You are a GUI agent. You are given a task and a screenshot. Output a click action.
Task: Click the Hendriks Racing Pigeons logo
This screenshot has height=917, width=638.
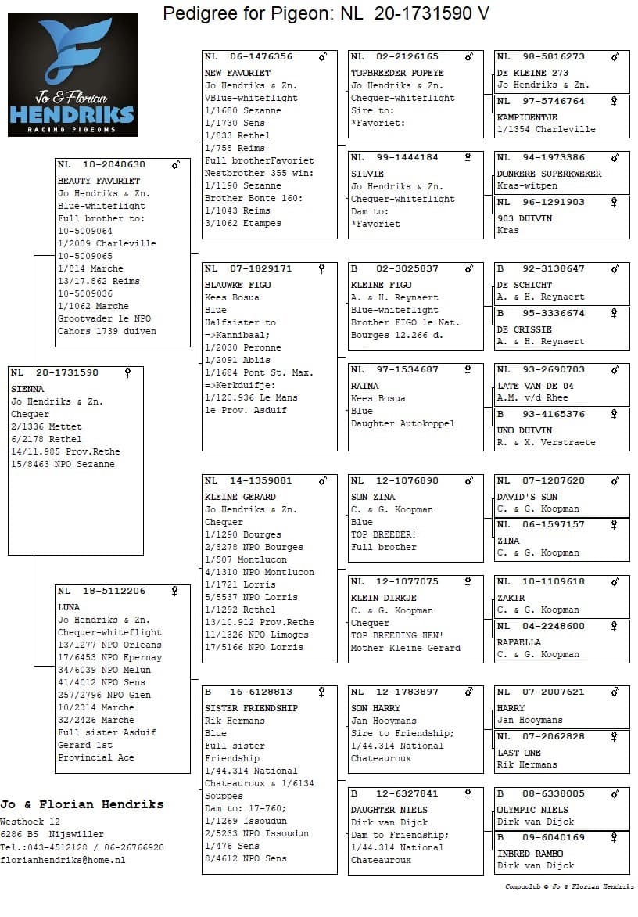[x=72, y=74]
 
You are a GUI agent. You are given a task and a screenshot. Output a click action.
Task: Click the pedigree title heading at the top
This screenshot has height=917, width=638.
[x=326, y=13]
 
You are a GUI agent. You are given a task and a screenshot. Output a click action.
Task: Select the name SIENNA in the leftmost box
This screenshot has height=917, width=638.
[x=27, y=389]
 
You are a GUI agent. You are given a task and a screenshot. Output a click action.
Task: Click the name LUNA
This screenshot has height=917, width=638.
[x=69, y=607]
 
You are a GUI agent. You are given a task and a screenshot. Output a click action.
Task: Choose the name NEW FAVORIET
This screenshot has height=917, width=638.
[x=237, y=73]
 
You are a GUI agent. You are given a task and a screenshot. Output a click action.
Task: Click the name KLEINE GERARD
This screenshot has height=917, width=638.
[x=240, y=497]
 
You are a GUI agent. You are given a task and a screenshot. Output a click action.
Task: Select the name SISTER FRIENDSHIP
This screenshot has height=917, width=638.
[x=251, y=708]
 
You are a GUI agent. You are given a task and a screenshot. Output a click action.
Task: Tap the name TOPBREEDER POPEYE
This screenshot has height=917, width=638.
[x=397, y=73]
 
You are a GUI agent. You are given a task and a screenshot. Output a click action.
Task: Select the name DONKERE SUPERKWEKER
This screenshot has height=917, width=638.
[x=550, y=174]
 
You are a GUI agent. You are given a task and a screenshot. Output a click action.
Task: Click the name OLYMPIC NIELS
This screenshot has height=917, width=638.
[x=532, y=810]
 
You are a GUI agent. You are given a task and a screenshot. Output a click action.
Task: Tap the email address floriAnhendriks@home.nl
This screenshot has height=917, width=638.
[x=62, y=860]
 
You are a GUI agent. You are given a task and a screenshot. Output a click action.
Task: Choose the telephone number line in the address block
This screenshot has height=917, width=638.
[x=82, y=847]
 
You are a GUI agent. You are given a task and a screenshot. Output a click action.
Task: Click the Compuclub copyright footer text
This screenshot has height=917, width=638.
[x=569, y=886]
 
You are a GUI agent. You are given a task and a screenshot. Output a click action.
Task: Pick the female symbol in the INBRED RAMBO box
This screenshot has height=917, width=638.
[x=615, y=837]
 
